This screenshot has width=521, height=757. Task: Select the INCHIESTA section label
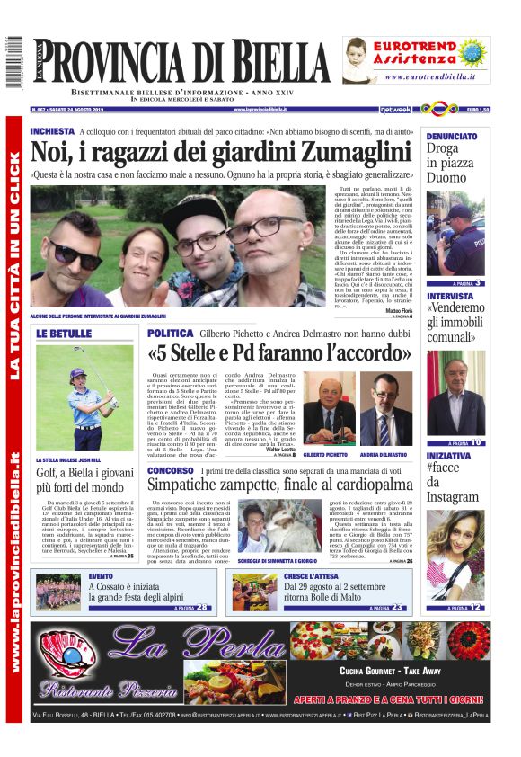click(x=53, y=131)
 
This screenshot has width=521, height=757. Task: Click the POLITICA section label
click(x=170, y=334)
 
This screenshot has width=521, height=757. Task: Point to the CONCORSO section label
click(x=170, y=469)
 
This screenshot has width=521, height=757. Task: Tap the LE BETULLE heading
click(x=65, y=334)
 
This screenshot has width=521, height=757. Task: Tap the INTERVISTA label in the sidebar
click(x=449, y=296)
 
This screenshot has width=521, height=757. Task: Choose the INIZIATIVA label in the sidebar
click(x=448, y=456)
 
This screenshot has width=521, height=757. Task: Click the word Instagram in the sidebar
click(x=454, y=497)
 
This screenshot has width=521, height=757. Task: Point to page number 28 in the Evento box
click(x=204, y=608)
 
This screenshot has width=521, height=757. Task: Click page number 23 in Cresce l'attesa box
click(x=397, y=608)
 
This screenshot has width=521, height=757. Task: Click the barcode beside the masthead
click(x=14, y=62)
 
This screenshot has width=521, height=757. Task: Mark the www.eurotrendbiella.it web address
click(x=430, y=76)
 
